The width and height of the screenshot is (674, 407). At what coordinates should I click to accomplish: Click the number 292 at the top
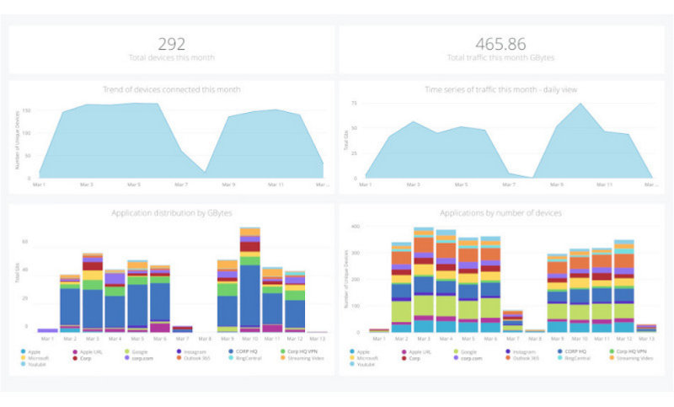[x=171, y=43]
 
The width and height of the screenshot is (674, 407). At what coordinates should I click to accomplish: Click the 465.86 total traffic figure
[x=500, y=43]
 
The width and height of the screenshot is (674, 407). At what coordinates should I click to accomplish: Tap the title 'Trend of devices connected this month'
[x=171, y=88]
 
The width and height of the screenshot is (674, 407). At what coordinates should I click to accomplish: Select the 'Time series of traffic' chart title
[x=500, y=88]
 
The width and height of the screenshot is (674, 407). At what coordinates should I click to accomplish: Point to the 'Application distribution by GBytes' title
[x=171, y=213]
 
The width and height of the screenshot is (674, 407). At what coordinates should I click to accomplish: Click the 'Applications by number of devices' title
[x=500, y=213]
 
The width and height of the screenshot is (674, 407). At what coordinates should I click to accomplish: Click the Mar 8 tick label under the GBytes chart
[x=205, y=339]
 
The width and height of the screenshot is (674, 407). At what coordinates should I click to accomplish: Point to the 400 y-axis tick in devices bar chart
[x=356, y=227]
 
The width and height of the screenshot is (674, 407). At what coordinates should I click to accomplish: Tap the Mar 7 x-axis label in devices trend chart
[x=180, y=184]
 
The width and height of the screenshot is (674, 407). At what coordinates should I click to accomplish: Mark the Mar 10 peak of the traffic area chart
[x=580, y=104]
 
